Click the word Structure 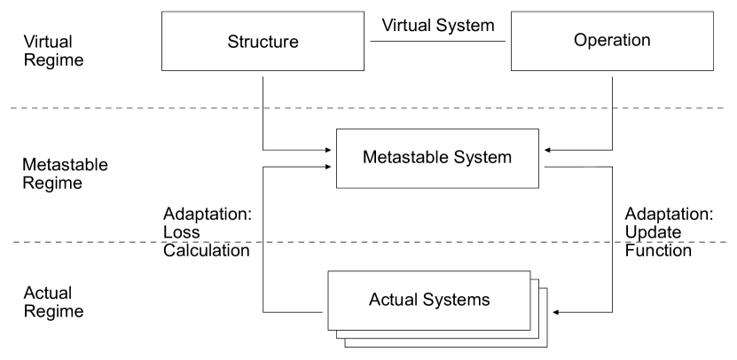tap(263, 42)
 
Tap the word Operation tap(612, 40)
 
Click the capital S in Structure tap(232, 42)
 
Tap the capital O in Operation tap(580, 40)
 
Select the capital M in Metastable tap(369, 158)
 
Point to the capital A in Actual tap(373, 300)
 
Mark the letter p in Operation tap(592, 41)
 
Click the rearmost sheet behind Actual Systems tap(543, 342)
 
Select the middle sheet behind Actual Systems tap(535, 334)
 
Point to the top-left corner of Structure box tap(163, 12)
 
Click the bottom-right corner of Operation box tap(712, 68)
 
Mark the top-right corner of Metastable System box tap(537, 130)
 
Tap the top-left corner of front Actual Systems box tap(329, 272)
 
